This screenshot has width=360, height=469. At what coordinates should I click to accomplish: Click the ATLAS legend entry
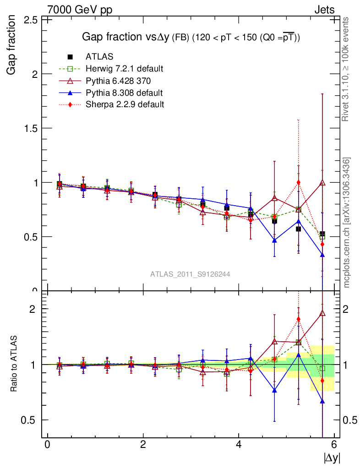tap(99, 57)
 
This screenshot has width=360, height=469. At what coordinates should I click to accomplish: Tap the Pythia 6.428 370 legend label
tap(118, 81)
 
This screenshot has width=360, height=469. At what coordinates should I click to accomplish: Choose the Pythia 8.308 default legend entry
tap(124, 93)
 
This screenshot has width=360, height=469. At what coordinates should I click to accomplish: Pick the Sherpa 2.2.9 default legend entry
tap(125, 104)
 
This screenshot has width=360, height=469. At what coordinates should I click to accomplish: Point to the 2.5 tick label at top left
tap(30, 20)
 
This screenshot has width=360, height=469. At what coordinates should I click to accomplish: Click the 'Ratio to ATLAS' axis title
tap(14, 364)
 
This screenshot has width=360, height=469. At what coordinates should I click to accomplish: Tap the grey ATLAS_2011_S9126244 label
tap(190, 274)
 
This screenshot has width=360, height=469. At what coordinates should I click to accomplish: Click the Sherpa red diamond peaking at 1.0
tap(299, 182)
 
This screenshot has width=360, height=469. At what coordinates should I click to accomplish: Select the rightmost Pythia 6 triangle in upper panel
tap(322, 183)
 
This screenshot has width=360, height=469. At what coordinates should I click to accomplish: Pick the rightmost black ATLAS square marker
tap(322, 234)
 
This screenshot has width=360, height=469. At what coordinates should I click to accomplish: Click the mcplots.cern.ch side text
tap(347, 223)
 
